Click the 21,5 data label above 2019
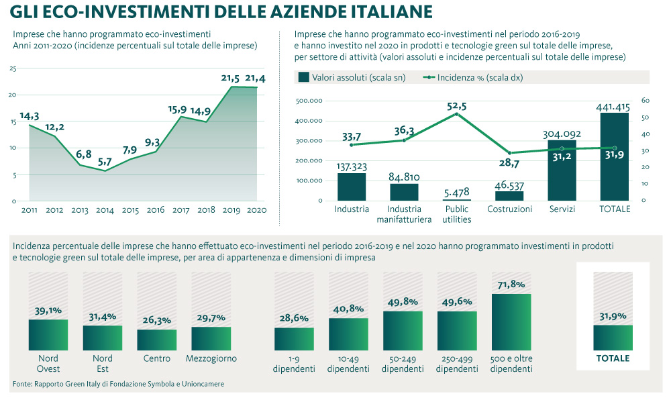tap(230, 79)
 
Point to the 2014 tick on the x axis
tap(105, 210)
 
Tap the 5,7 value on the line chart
tap(105, 162)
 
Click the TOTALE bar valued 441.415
tap(614, 156)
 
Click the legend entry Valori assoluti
tap(351, 78)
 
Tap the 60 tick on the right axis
tap(646, 101)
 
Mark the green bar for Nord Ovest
tap(48, 334)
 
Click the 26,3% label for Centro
tap(157, 320)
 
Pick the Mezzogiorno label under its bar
tap(211, 359)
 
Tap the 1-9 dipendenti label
tap(294, 364)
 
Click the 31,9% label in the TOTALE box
tap(613, 316)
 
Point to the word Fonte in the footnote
tap(22, 384)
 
